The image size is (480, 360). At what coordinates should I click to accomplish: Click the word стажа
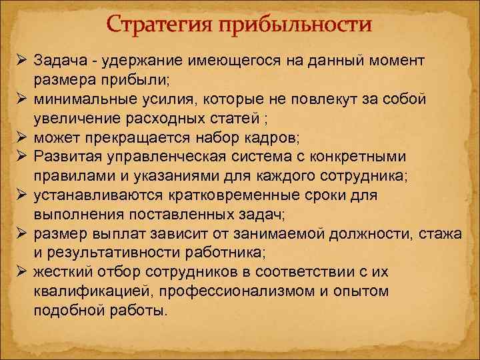point(455,234)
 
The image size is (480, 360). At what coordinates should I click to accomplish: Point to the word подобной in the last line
point(66,311)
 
